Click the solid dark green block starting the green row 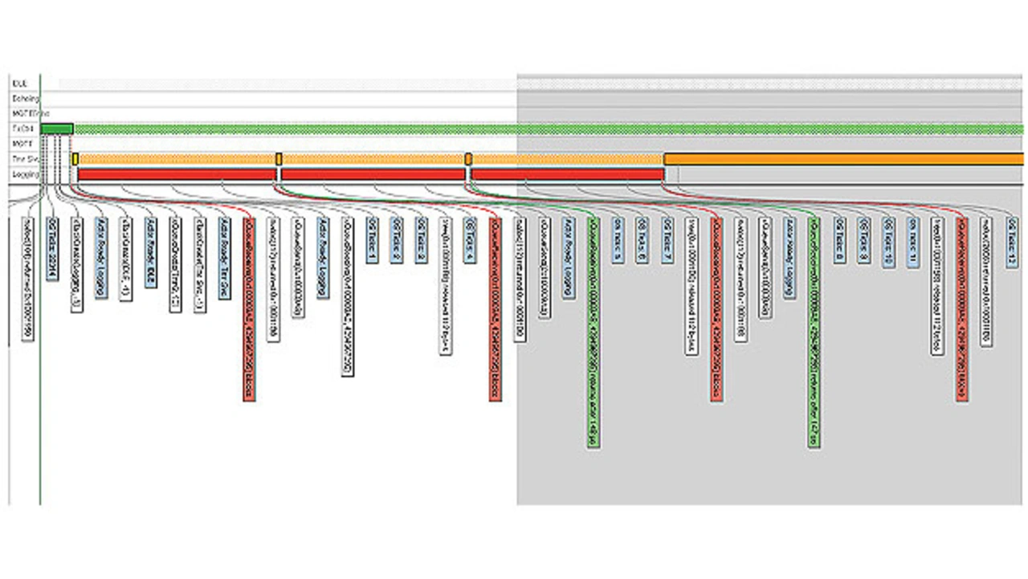(x=56, y=128)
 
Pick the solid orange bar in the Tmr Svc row (x=843, y=159)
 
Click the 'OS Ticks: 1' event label (x=372, y=229)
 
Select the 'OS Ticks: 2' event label (x=397, y=229)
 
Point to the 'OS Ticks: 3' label (x=422, y=229)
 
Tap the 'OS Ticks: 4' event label (x=471, y=229)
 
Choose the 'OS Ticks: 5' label (x=618, y=229)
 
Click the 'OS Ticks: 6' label (x=642, y=229)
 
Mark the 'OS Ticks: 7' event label (x=667, y=229)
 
